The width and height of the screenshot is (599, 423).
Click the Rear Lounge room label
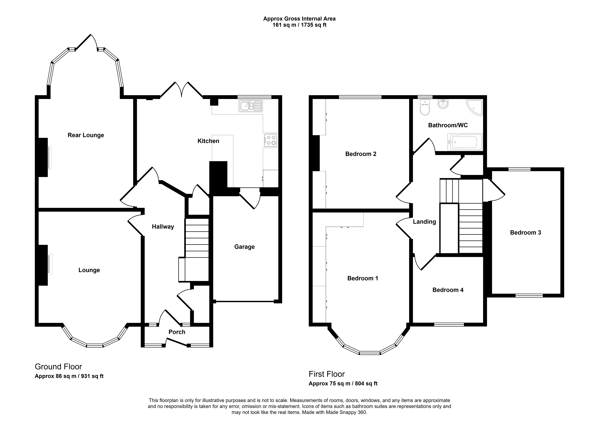click(86, 135)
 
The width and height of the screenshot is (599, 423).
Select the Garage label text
click(244, 247)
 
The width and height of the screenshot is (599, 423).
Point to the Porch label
click(177, 332)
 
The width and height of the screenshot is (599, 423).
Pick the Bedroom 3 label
click(525, 233)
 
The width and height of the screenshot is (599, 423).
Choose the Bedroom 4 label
click(448, 290)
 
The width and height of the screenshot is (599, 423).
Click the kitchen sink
click(250, 106)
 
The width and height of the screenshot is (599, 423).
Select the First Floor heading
click(327, 374)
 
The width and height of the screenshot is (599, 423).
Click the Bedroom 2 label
click(361, 154)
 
